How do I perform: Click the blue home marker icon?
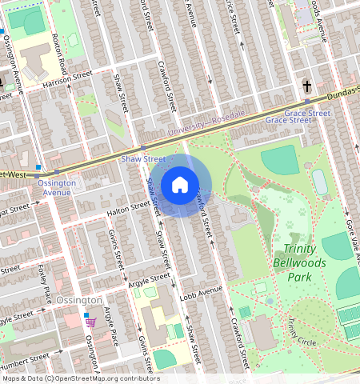(180, 186)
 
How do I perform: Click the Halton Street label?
(129, 209)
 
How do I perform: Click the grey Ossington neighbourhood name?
(79, 300)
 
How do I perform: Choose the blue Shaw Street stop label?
(142, 158)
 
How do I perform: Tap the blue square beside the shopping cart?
(86, 315)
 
